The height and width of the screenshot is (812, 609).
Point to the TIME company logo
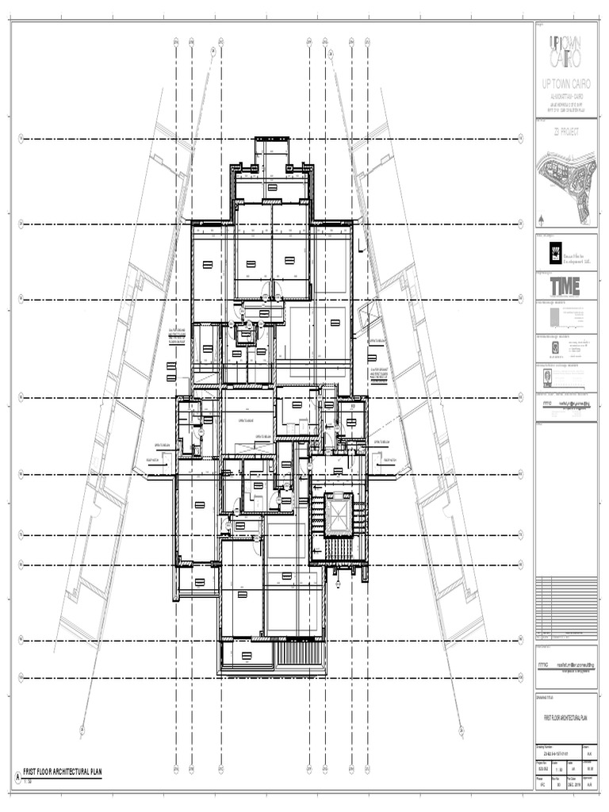[566, 285]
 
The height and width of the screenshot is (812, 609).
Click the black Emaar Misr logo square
[556, 251]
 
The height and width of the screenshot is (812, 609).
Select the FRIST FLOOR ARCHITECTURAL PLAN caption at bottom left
[63, 771]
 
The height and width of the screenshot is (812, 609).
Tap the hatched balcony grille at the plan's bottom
[301, 655]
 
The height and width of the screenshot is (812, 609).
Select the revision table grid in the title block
[566, 607]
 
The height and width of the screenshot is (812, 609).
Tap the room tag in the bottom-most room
[247, 656]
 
